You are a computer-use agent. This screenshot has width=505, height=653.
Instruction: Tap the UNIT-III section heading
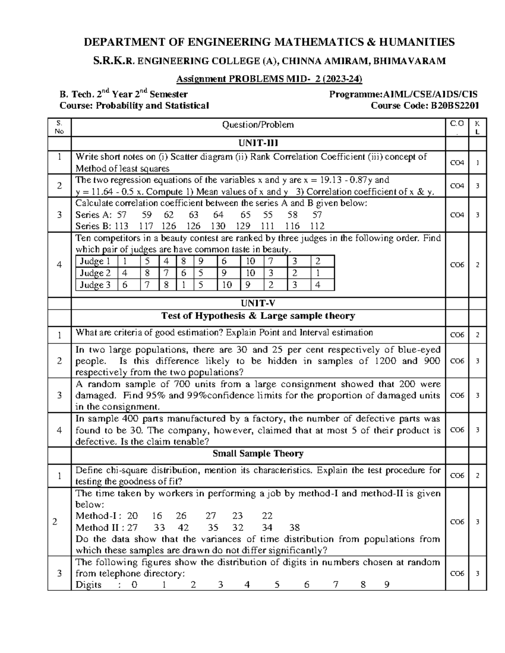[258, 143]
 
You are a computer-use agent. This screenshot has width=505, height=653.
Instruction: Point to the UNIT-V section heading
[258, 303]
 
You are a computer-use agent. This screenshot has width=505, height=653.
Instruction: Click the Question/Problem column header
[258, 125]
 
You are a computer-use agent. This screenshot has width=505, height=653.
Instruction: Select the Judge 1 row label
[95, 261]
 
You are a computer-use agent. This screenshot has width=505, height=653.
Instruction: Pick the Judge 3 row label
[95, 285]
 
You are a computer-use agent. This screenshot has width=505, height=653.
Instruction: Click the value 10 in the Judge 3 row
[227, 285]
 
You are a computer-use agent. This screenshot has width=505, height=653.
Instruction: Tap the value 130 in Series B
[218, 226]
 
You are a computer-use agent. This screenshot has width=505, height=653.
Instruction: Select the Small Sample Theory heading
[258, 454]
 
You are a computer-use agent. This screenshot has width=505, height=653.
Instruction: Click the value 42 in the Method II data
[183, 528]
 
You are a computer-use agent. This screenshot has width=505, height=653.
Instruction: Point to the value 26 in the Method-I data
[181, 516]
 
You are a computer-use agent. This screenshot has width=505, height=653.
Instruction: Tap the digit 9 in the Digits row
[387, 585]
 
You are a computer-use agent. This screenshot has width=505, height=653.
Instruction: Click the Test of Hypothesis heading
[258, 316]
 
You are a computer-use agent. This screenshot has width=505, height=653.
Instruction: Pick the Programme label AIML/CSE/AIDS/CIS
[403, 95]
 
